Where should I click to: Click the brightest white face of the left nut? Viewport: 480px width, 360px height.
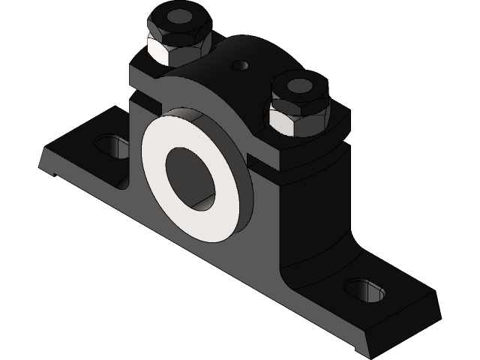pos(166,51)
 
